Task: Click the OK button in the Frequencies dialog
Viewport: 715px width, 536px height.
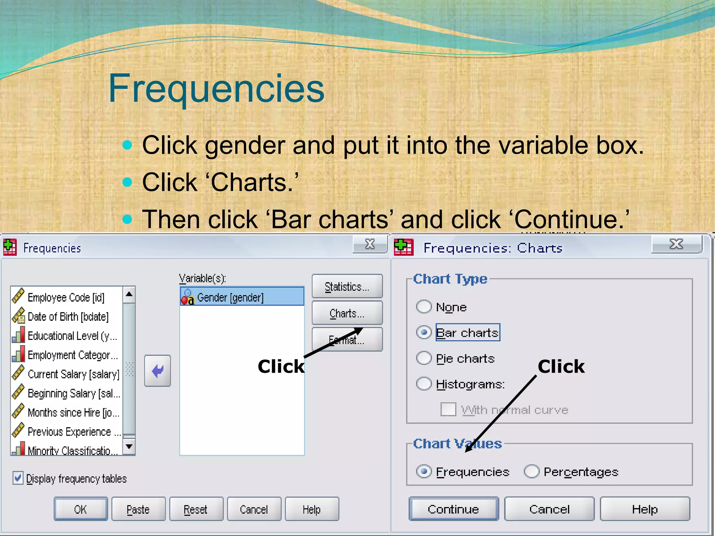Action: click(81, 509)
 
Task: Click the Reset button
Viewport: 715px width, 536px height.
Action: click(196, 509)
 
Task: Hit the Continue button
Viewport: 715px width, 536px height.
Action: click(454, 509)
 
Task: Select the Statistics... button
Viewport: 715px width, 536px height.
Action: click(347, 286)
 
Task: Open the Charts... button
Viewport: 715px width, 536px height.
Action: click(347, 313)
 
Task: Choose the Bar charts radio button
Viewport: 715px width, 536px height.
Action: click(424, 333)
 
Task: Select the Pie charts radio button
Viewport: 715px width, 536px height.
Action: click(424, 358)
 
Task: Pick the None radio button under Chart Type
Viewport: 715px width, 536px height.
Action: click(424, 307)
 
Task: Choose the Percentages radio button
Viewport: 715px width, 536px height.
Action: click(532, 471)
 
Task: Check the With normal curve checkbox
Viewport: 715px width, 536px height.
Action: click(448, 409)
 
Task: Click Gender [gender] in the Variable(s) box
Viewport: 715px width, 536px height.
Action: click(230, 297)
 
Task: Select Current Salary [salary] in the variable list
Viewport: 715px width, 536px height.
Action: click(73, 374)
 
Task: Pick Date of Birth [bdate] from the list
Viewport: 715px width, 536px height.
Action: click(68, 317)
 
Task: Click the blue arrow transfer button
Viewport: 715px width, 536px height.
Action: click(157, 371)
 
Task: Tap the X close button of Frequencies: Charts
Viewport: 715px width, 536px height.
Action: click(676, 244)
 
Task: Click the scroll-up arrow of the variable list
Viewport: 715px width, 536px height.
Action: click(129, 294)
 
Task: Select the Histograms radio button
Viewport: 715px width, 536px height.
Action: click(424, 384)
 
